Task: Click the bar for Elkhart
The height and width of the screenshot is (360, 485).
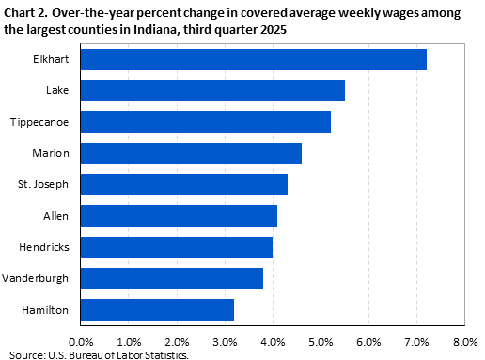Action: tap(254, 59)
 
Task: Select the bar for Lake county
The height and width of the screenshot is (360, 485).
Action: tap(212, 90)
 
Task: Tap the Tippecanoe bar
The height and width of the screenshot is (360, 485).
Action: tap(206, 121)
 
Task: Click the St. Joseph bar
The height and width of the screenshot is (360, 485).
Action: tap(184, 184)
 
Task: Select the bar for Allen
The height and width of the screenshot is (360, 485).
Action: tap(179, 215)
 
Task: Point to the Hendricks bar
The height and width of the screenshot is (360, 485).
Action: tap(177, 246)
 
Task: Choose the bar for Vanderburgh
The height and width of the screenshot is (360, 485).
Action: tap(172, 277)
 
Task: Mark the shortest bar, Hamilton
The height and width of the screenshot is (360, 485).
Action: tap(157, 308)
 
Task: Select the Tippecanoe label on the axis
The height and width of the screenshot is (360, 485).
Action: tap(41, 121)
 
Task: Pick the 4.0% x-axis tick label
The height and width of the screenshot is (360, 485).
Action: tap(273, 341)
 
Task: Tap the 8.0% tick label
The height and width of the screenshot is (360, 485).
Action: tap(465, 341)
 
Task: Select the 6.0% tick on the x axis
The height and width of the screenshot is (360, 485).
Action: tap(368, 341)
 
